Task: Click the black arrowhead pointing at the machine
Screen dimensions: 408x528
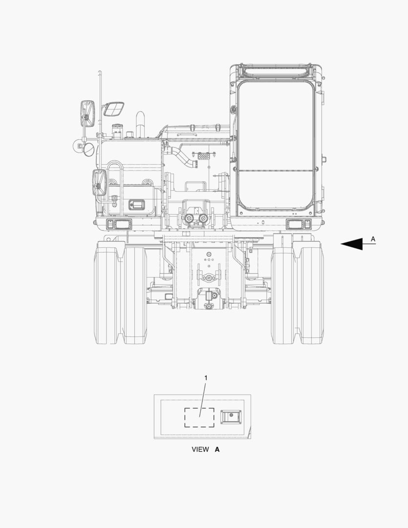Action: pyautogui.click(x=352, y=244)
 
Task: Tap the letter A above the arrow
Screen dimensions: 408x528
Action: pyautogui.click(x=373, y=239)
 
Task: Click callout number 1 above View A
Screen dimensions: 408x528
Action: pyautogui.click(x=206, y=378)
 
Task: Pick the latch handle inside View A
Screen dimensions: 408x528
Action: pyautogui.click(x=231, y=417)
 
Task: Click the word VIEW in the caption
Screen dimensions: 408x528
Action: pyautogui.click(x=200, y=449)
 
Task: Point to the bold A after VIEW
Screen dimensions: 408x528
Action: pyautogui.click(x=217, y=449)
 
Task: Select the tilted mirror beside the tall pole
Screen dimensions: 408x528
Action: pyautogui.click(x=113, y=109)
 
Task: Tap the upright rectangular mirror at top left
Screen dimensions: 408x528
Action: pyautogui.click(x=87, y=113)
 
